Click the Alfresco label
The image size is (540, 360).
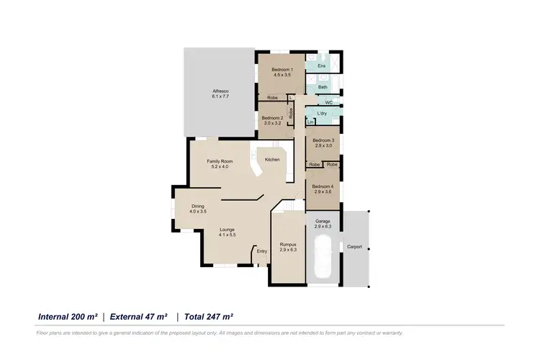point(220,90)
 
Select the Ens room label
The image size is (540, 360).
point(322,66)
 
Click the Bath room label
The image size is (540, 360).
point(323,87)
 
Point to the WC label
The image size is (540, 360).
point(328,103)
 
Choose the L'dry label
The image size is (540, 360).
point(323,114)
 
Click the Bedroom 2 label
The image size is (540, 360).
point(272,118)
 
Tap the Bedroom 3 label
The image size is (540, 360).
point(323,140)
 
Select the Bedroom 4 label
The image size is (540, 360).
point(323,186)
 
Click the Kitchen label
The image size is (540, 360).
point(272,159)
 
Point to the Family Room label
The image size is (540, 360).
point(219,161)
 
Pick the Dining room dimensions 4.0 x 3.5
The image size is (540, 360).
point(198,212)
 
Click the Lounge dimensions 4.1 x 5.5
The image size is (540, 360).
point(228,235)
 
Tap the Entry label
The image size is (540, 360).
point(261,251)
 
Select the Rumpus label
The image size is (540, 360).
point(288,245)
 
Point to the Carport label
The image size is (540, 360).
point(354,247)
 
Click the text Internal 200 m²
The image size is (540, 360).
point(67,316)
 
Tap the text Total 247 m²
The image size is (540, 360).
point(209,316)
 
